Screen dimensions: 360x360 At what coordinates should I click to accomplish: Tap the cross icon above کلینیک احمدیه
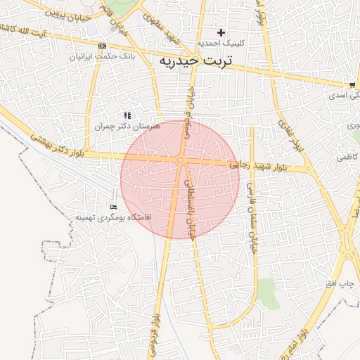point(221,32)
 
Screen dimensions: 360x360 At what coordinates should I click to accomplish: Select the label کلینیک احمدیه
point(221,43)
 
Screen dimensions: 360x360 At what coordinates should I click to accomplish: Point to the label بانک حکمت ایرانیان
point(102,55)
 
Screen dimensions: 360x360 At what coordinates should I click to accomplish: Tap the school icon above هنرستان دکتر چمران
point(127,115)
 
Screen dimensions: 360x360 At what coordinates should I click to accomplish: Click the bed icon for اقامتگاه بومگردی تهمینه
point(113,207)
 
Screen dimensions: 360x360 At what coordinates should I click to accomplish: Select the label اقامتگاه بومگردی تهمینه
point(108,218)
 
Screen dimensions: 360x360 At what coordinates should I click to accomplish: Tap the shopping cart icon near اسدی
point(352,84)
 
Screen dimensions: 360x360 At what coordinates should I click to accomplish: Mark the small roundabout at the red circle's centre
point(181,161)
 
